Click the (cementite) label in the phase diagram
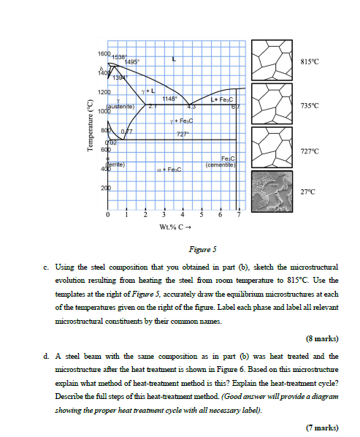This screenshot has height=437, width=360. click(x=220, y=166)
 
